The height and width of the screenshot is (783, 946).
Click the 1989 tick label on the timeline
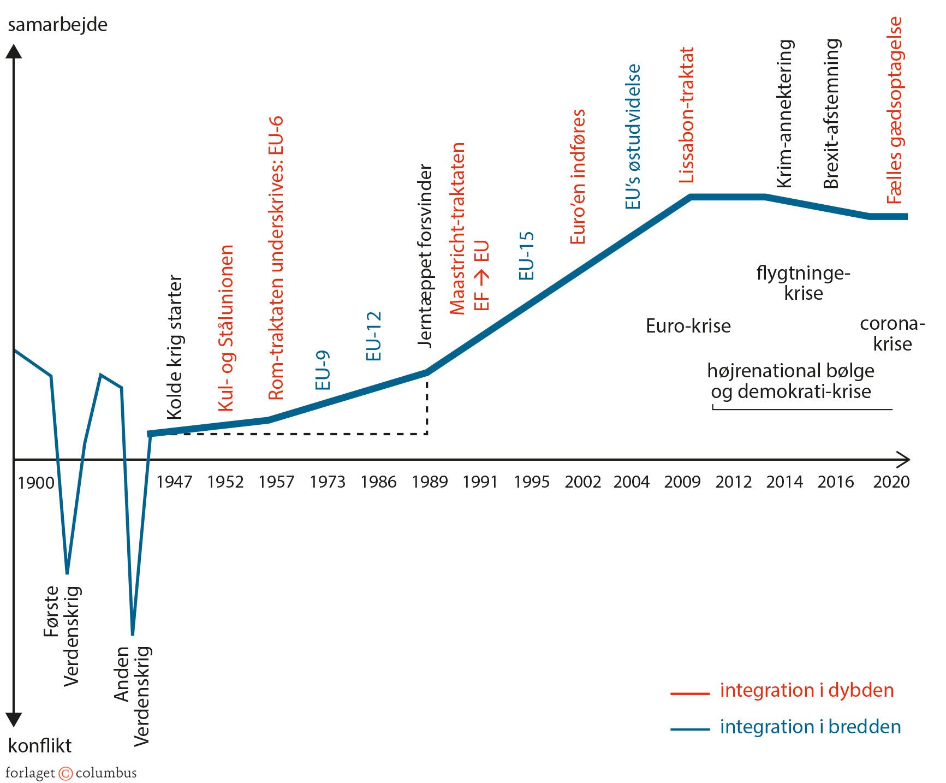coord(429,482)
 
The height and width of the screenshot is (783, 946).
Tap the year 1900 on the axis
coord(36,483)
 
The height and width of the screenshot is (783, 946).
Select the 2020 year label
coord(891,482)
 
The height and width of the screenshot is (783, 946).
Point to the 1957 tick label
coord(276,482)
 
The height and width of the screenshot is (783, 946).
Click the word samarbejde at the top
coord(57,25)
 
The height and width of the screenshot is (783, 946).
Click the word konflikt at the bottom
coord(40,745)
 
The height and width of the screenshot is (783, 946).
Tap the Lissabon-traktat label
coord(686,115)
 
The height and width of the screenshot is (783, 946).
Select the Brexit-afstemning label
coord(831,114)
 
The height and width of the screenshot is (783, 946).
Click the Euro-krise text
coord(688,326)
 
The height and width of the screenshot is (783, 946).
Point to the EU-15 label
coord(526,256)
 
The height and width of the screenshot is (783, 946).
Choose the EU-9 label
coord(323,370)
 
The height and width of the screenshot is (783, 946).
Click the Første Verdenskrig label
coord(62,636)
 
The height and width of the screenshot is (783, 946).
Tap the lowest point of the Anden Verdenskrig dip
coord(133,634)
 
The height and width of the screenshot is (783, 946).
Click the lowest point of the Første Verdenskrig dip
coord(67,573)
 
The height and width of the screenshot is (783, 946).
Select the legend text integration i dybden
coord(806,690)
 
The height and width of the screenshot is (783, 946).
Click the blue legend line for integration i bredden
coord(690,729)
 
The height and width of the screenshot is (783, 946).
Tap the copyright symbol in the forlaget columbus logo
coord(66,773)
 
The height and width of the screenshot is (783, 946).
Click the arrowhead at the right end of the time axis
coord(905,460)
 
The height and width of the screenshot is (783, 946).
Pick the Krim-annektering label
coord(784,114)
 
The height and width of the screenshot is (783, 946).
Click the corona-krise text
coord(892,334)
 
